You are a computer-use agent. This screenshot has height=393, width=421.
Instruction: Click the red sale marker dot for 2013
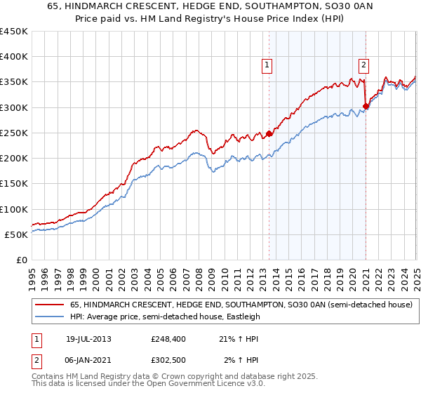269,133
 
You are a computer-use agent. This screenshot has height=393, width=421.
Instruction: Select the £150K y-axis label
14,184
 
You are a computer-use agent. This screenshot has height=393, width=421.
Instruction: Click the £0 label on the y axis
21,260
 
